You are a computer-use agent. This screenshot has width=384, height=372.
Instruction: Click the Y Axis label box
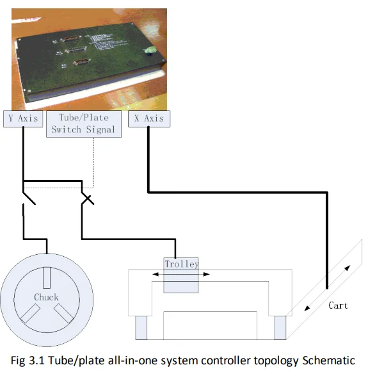(x=24, y=118)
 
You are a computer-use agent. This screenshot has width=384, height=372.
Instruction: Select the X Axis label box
(x=149, y=118)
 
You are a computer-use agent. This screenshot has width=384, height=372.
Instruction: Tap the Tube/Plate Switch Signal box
(x=83, y=124)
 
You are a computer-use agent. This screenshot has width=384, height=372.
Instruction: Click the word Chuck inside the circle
(x=46, y=297)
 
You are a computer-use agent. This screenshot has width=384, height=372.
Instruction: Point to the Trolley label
(x=182, y=264)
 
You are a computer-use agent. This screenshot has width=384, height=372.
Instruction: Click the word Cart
(x=338, y=305)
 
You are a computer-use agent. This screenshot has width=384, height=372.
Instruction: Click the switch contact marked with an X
(x=86, y=197)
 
